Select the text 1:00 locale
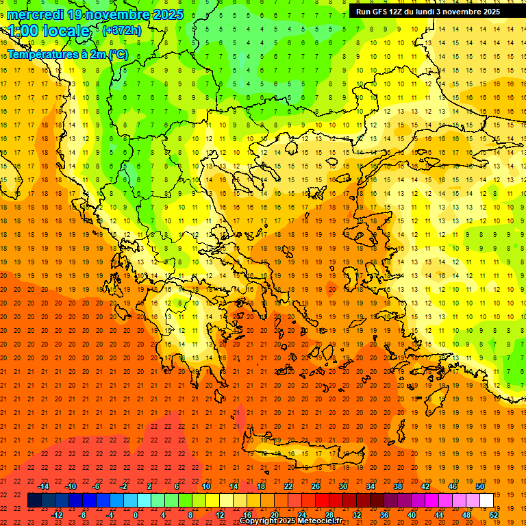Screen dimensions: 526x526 tap(49, 31)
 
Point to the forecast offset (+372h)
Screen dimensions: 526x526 tap(121, 31)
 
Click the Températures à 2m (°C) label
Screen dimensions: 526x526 tap(67, 55)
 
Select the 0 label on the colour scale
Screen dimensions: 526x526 tap(136, 514)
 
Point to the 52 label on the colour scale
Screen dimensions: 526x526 tap(494, 514)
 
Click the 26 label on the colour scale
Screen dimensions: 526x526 tap(316, 486)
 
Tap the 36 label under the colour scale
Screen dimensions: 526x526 tap(384, 514)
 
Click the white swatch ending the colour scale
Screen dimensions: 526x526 tap(486, 500)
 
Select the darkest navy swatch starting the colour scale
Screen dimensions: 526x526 tap(34, 500)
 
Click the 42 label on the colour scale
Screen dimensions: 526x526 tap(425, 486)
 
